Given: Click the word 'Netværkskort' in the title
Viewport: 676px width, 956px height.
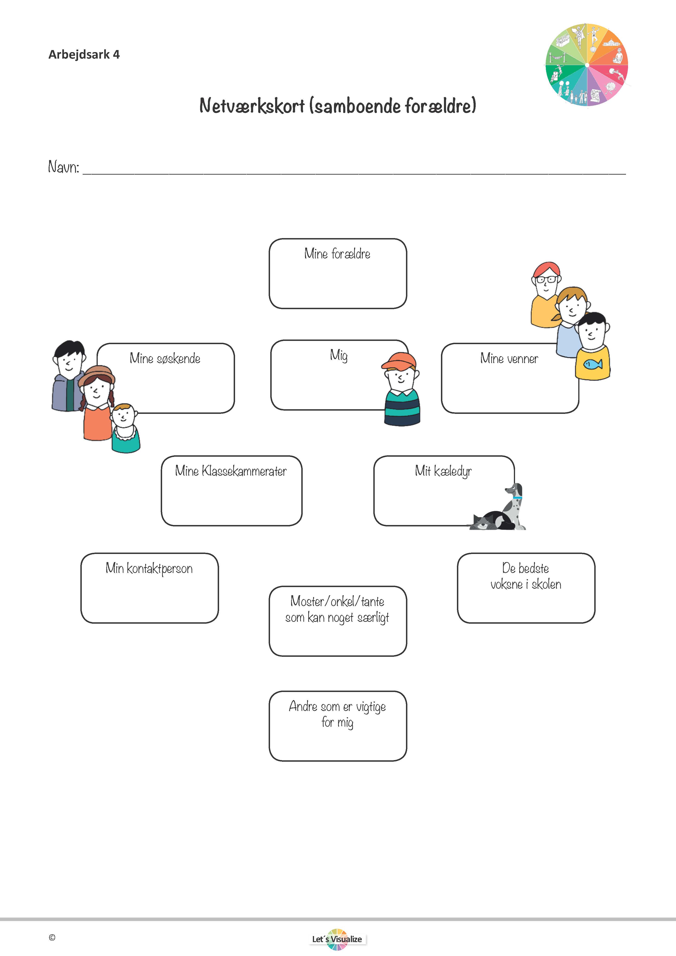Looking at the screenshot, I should click(252, 106).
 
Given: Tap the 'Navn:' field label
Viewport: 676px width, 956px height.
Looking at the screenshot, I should click(63, 167).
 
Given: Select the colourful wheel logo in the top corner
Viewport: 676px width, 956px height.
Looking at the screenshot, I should click(587, 65).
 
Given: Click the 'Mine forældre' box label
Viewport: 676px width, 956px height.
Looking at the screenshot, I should click(337, 254).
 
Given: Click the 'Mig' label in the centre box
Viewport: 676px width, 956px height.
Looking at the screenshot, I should click(338, 355).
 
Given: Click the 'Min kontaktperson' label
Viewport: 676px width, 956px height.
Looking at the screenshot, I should click(149, 568).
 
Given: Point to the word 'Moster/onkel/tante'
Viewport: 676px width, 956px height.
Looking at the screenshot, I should click(337, 601).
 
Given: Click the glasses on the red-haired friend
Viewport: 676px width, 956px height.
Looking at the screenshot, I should click(546, 279).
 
